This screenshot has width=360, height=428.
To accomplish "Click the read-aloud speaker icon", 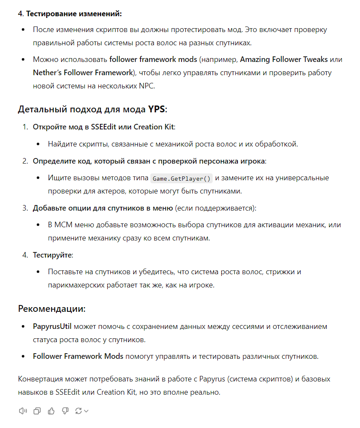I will (23, 411).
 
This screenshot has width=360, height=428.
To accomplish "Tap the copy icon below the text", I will (37, 411).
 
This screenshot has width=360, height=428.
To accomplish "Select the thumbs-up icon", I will (51, 411).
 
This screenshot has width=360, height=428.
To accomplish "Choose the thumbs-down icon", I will (65, 411).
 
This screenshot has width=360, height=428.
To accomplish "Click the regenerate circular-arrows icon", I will (79, 411).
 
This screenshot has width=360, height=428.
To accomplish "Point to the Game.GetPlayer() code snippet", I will (181, 178).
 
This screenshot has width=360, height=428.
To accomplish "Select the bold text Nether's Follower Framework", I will (83, 73).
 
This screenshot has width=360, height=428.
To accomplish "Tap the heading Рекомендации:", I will (52, 309).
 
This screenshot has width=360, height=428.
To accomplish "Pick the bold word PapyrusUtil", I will (52, 327).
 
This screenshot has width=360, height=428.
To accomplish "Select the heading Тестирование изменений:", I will (74, 14).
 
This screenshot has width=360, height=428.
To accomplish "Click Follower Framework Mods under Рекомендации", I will (78, 356).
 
